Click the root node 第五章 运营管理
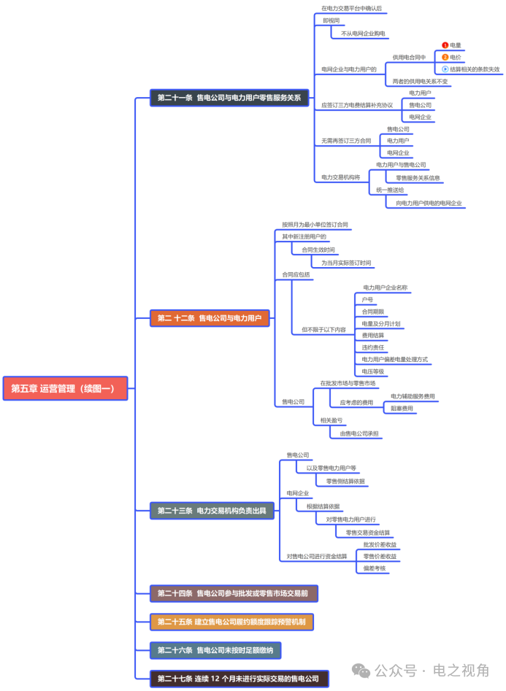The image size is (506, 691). (x=66, y=388)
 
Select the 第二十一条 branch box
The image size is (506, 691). (x=229, y=97)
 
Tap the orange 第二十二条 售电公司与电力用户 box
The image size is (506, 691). (x=210, y=317)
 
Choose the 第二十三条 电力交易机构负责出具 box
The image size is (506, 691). (x=212, y=511)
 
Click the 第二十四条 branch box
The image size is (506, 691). (x=233, y=593)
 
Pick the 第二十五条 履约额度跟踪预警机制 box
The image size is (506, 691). (x=231, y=622)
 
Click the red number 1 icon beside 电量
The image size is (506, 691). (x=445, y=45)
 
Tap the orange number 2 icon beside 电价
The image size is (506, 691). (x=445, y=57)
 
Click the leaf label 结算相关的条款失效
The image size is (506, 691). (x=474, y=69)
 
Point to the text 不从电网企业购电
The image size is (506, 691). (x=363, y=34)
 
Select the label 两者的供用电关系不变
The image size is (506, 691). (x=420, y=82)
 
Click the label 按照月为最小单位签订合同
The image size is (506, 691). (x=315, y=225)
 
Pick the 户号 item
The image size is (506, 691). (x=367, y=299)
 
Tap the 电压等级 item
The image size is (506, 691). (x=372, y=371)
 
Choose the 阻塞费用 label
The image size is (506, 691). (x=402, y=409)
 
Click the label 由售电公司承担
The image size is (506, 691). (x=359, y=434)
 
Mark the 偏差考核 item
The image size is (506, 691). (x=374, y=568)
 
